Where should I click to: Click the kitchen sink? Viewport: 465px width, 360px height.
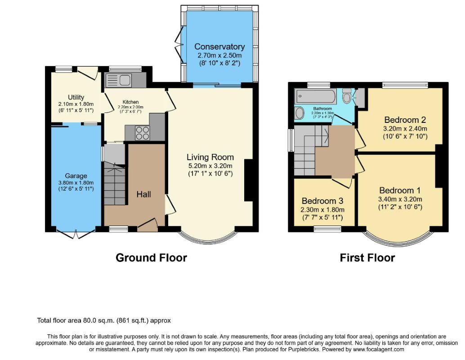pos(118,80)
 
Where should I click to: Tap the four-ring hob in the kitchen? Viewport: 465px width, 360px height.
pos(143,133)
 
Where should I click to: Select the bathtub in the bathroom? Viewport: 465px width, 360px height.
pos(316,96)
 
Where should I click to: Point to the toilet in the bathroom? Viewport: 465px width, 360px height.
pos(346,95)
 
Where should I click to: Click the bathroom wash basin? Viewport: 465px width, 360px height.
pos(300,113)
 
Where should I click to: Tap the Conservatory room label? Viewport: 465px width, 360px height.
pos(219,47)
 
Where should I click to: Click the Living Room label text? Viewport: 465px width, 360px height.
pos(210,157)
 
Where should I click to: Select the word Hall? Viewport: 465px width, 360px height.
pos(144,194)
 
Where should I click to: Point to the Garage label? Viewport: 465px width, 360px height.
pos(76,175)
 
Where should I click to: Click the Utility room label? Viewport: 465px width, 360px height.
pos(76,97)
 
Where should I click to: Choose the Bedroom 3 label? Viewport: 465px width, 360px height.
pos(322,201)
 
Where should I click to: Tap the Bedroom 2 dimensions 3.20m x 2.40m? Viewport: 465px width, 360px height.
pos(405,129)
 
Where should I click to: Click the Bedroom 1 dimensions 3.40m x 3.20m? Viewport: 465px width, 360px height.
pos(400,199)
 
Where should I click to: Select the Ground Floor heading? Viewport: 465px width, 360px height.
pos(151,257)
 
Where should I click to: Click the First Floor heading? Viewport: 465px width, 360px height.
pos(367,257)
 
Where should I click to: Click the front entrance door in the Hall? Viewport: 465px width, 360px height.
pos(148,225)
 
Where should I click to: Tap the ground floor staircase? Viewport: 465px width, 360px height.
pos(114,183)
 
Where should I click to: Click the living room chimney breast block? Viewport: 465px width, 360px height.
pos(249,180)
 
